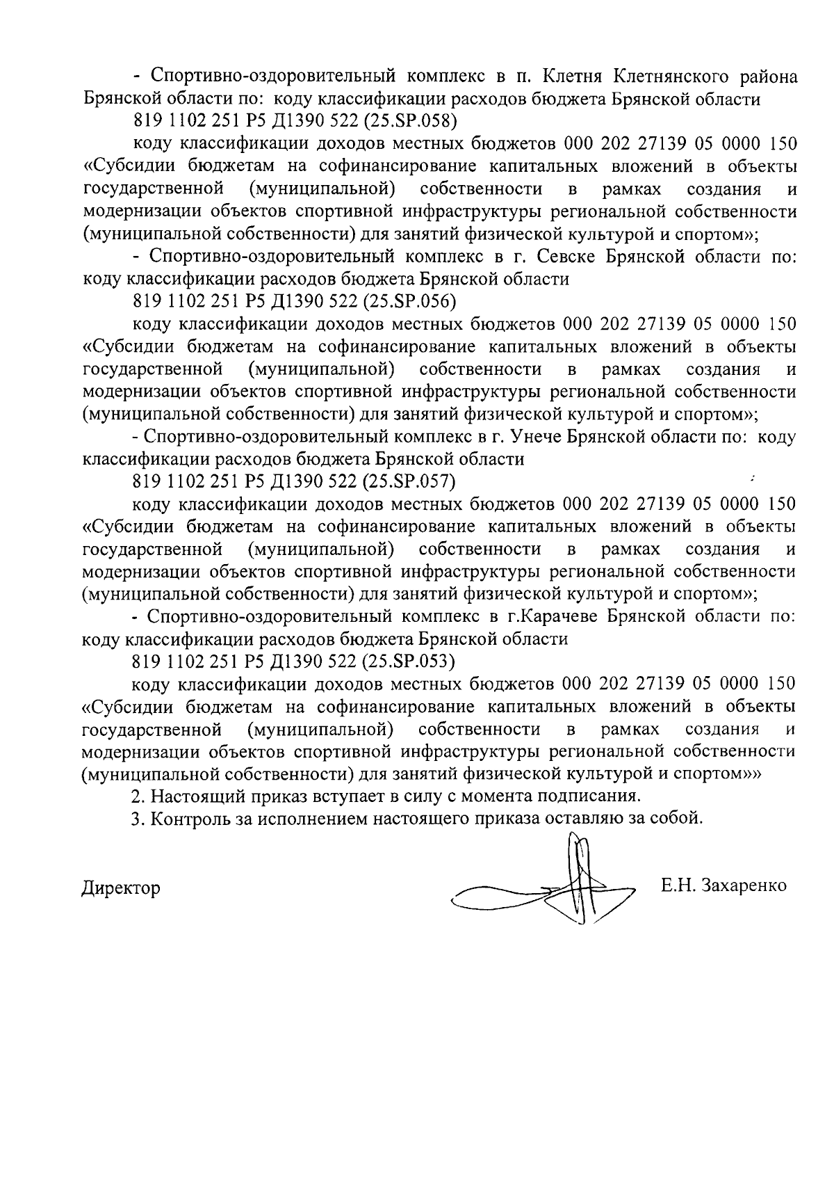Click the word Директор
121,888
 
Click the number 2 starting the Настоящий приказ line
137,795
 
